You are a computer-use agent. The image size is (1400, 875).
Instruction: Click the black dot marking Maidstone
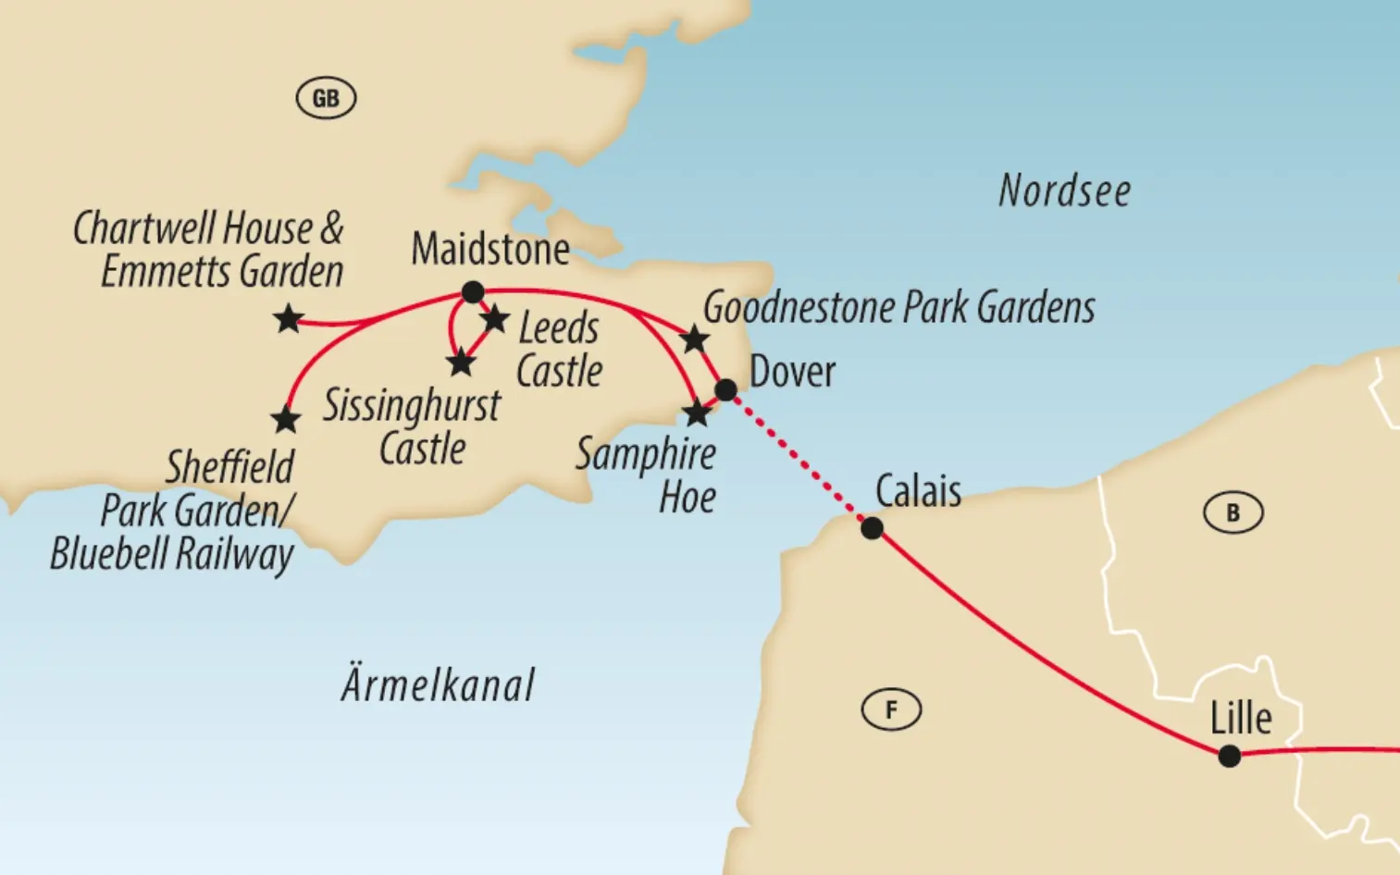(473, 292)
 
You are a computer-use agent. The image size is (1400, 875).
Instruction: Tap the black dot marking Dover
(726, 390)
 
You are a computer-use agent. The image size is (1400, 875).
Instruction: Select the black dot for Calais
(872, 529)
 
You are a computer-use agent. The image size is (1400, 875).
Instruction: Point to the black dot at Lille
(1229, 756)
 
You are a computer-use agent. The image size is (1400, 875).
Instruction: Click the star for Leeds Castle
(494, 319)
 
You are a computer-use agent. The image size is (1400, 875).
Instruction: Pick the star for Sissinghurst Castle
(461, 362)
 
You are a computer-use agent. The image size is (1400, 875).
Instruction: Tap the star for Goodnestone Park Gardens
(694, 339)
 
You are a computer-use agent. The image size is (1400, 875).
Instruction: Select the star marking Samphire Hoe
(697, 413)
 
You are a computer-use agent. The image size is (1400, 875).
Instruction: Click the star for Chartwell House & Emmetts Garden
(289, 319)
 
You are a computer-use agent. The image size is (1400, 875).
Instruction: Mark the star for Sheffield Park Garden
(286, 420)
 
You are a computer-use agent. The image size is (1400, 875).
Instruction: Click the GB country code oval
(326, 98)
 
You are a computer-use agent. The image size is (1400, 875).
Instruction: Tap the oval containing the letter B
(1233, 513)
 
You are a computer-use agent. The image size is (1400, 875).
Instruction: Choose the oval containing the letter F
(891, 710)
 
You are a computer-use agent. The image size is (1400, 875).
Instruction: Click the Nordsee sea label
(1064, 191)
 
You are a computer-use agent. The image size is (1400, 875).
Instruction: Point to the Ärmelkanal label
(438, 685)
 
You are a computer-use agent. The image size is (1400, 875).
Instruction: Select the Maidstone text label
(489, 249)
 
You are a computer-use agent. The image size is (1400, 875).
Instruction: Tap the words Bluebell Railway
(171, 555)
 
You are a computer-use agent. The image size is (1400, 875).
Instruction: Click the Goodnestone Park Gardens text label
(898, 307)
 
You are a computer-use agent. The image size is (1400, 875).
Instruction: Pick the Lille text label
(1241, 718)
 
